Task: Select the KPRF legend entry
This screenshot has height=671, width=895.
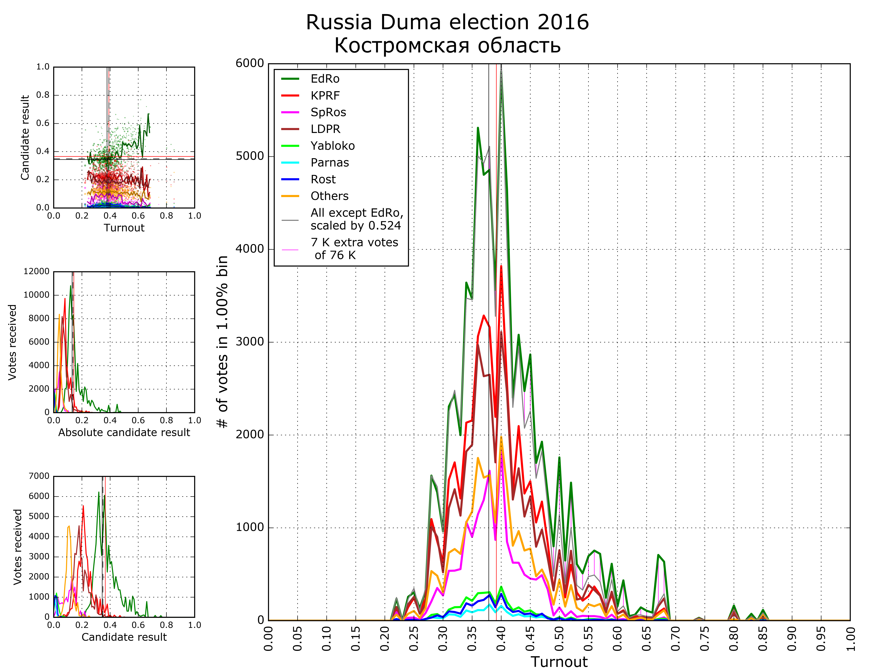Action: click(325, 96)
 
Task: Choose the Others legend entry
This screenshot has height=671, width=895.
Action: click(329, 196)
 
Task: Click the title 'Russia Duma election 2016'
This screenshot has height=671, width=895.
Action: click(447, 22)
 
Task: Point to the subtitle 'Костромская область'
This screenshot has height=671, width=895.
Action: click(447, 45)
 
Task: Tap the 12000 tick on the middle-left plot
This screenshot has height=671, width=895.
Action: click(36, 271)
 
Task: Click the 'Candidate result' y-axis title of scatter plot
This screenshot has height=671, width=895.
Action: click(25, 138)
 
